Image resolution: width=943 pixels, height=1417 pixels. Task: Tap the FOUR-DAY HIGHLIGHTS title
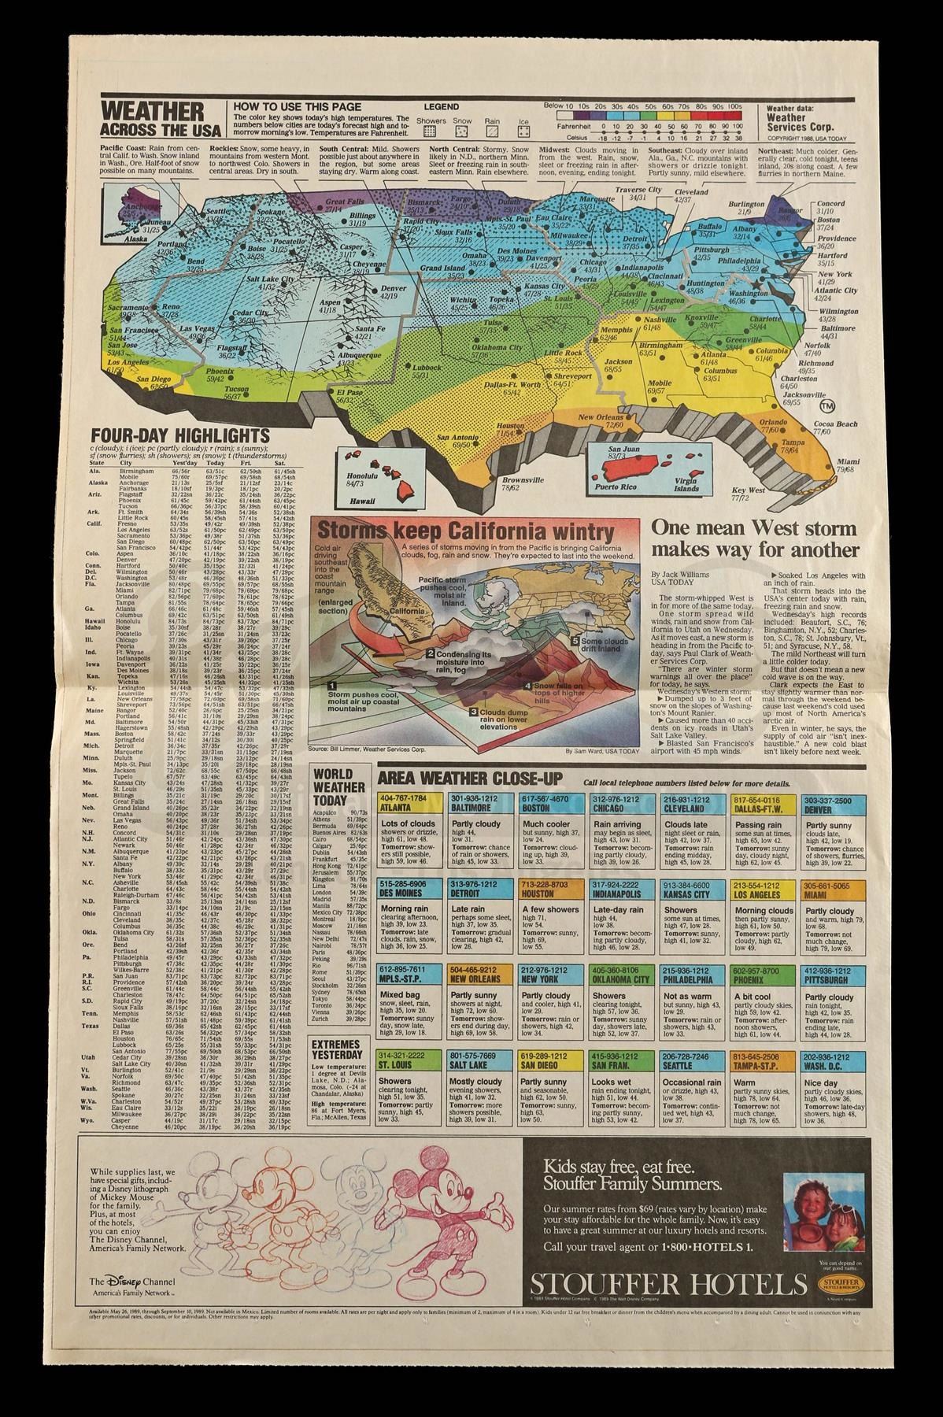(x=180, y=436)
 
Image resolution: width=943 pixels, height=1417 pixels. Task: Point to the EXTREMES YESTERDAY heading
(x=336, y=1050)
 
